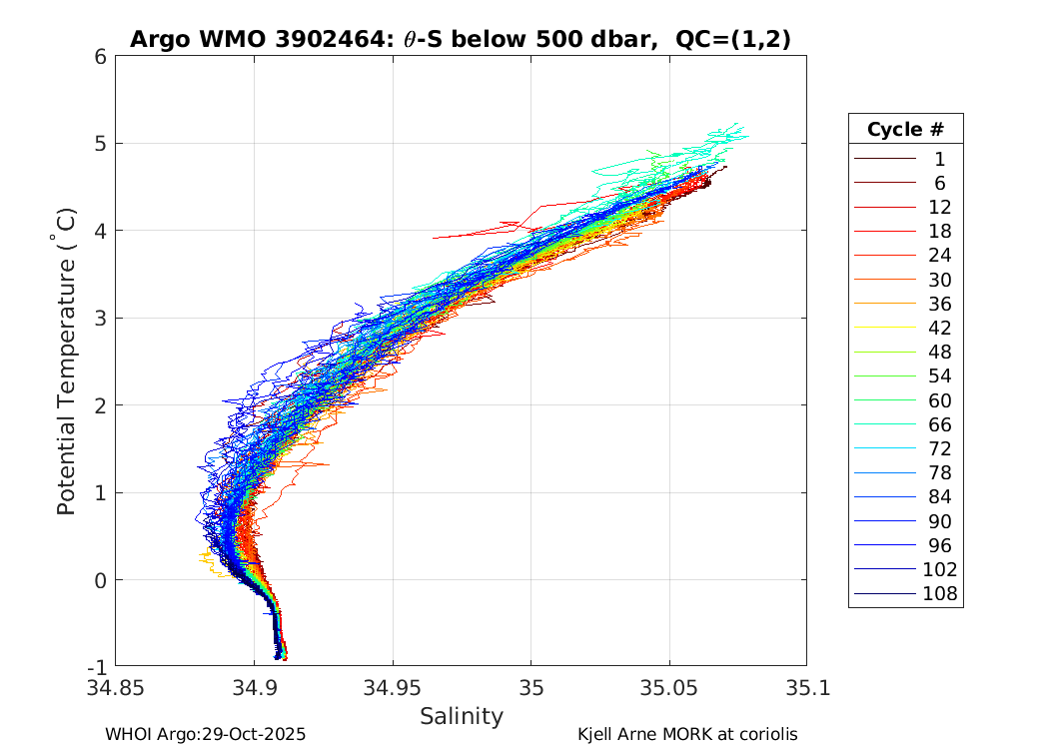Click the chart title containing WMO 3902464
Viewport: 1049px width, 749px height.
[460, 39]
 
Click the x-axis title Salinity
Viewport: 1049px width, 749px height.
[461, 716]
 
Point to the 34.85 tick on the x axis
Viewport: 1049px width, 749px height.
[116, 688]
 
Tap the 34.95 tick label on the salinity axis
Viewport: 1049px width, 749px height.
[392, 688]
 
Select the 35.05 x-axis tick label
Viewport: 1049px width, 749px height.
[668, 688]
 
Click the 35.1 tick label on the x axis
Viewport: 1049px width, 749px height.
[805, 688]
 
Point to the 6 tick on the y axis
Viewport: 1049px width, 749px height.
[101, 56]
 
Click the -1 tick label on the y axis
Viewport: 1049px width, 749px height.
[98, 666]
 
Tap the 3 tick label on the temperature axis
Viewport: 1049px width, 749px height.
[101, 318]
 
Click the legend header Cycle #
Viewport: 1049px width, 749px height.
[905, 130]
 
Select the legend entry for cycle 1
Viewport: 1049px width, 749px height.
[939, 159]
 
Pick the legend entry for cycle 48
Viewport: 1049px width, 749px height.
[939, 353]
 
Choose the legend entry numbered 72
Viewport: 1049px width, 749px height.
[939, 448]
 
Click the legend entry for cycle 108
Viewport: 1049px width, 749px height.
[939, 594]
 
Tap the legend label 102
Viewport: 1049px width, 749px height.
[940, 570]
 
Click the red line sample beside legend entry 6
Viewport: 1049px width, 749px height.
[885, 183]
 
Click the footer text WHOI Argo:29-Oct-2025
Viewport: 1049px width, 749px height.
[205, 734]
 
